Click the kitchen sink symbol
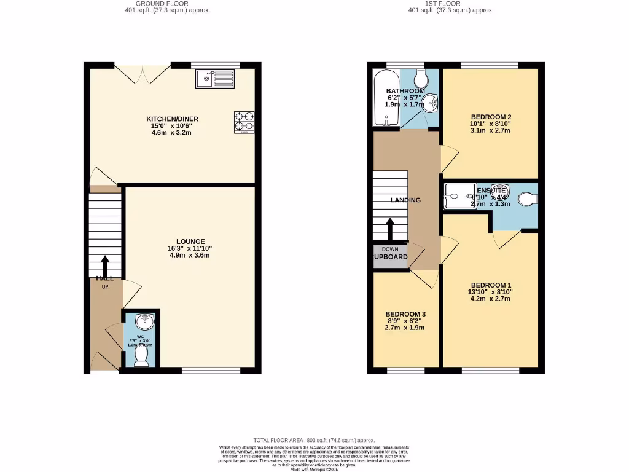215,78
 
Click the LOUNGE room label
190,242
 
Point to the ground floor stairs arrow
104,267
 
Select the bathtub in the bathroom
386,98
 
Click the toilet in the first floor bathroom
422,78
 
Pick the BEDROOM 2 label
491,117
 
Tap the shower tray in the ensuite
456,197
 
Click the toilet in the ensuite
527,199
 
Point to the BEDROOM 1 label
491,285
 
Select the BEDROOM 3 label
405,314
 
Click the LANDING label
406,200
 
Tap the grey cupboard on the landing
390,257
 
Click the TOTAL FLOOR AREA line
314,440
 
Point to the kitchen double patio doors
143,74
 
